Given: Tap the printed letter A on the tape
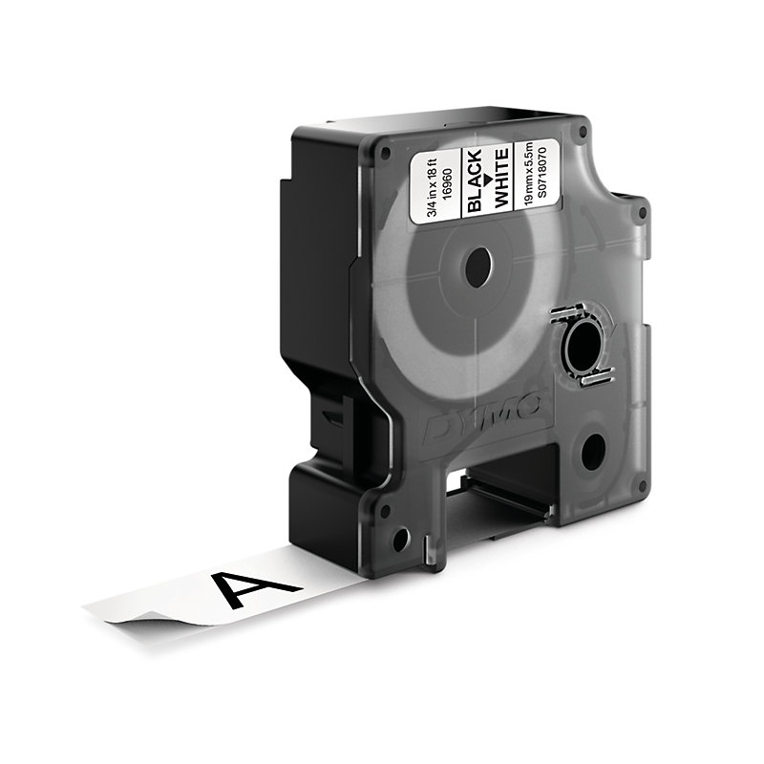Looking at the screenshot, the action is [x=251, y=588].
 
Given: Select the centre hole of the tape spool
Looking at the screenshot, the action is [x=479, y=267].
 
